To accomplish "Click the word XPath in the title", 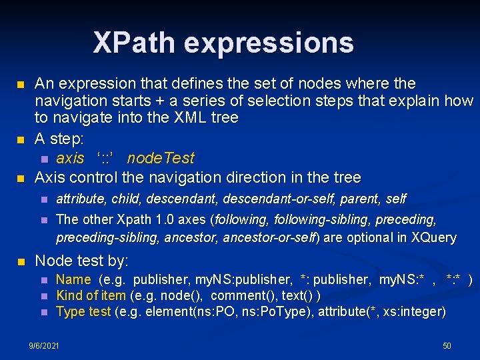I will pos(135,43).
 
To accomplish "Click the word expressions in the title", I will pos(269,43).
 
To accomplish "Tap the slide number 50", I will pos(447,345).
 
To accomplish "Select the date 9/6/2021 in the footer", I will pos(43,345).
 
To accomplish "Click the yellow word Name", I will pos(73,279).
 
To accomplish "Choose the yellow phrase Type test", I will pos(83,311).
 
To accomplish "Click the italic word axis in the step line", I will pos(70,159).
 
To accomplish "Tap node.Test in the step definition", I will pos(161,159).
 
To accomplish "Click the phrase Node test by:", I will pos(81,261).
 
